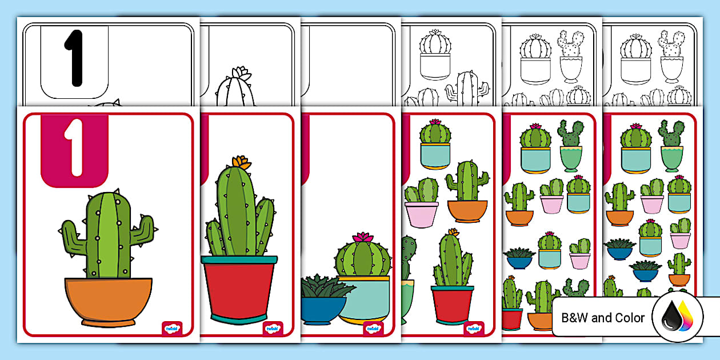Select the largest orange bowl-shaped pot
pos(108,302)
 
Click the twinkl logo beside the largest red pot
pos(273,329)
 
